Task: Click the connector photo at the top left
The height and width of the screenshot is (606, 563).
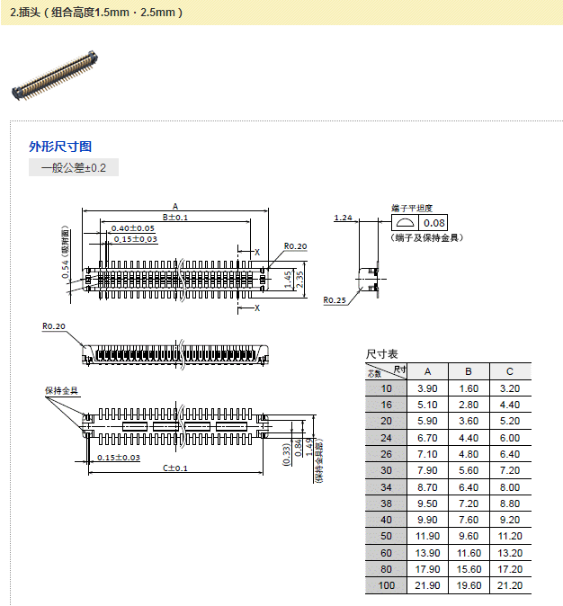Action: (55, 76)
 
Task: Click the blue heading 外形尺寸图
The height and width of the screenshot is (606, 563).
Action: (60, 147)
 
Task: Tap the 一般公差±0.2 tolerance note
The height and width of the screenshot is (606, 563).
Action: (74, 168)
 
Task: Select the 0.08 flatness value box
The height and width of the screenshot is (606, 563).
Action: (434, 223)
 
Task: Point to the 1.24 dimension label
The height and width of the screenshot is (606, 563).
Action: (343, 218)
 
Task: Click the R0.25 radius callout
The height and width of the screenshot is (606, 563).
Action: (335, 299)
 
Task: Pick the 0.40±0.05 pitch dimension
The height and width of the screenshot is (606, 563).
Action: (133, 228)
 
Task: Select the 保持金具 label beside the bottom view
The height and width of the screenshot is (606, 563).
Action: (61, 391)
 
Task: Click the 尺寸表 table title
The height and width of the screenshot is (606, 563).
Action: (381, 354)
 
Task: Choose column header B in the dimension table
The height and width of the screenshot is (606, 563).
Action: (469, 371)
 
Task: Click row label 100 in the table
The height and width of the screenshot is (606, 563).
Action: (387, 585)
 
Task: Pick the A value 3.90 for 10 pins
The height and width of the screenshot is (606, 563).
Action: (427, 388)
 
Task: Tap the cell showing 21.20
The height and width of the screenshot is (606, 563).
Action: (510, 585)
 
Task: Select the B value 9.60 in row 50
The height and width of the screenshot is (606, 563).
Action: (469, 536)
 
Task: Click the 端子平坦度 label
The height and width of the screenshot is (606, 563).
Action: (411, 208)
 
